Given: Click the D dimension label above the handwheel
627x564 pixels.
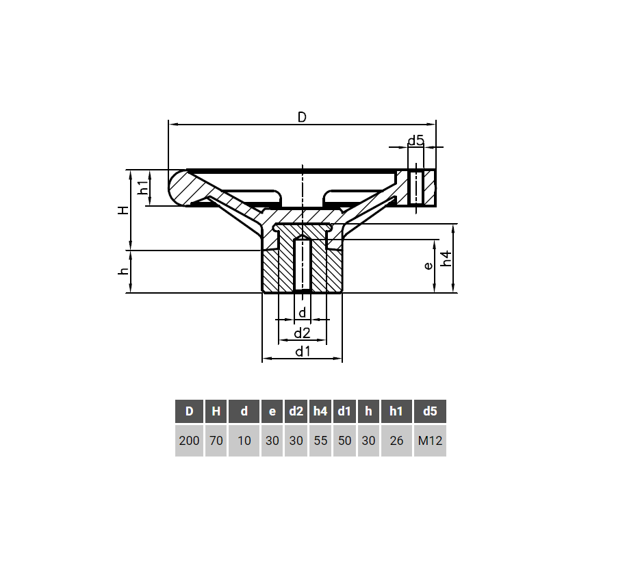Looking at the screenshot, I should [x=302, y=117].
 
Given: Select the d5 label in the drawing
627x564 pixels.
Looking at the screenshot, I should [x=415, y=141].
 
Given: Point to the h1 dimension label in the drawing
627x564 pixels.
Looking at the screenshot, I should [x=143, y=188].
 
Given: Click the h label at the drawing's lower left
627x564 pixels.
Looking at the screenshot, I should [x=124, y=272].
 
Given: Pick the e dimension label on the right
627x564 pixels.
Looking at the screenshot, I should [x=428, y=266].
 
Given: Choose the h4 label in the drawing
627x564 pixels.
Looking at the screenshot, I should [x=446, y=259].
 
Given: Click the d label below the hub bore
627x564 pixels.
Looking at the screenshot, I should [x=302, y=313].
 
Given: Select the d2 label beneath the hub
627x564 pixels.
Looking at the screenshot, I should [x=302, y=333].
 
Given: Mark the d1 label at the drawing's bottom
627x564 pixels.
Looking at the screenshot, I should [x=303, y=352].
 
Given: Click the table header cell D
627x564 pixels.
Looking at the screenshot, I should [x=189, y=411].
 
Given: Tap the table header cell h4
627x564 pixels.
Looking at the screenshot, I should [x=320, y=411].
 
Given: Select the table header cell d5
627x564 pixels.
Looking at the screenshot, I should [x=430, y=411].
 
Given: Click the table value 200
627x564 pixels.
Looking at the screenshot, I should [x=189, y=441].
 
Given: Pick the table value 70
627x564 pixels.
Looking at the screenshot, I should [x=216, y=441].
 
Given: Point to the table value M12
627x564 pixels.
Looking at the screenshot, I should [x=430, y=441].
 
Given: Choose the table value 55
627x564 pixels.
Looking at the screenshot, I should [x=320, y=441].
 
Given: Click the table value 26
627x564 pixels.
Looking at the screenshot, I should [x=396, y=441].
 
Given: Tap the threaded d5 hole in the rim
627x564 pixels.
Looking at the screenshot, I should [x=415, y=188].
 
